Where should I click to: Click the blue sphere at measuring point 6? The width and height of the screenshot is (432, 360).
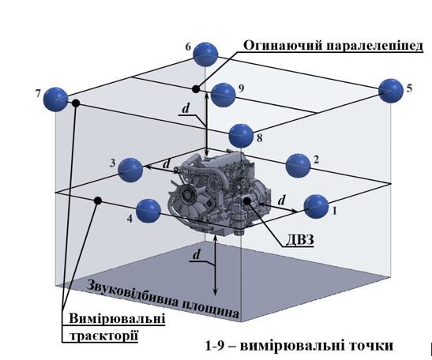pos(205,54)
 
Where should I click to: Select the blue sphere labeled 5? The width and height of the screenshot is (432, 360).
pos(391,91)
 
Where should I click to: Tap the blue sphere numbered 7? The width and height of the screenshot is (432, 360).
pos(56,99)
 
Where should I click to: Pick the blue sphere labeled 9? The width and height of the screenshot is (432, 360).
pos(224,95)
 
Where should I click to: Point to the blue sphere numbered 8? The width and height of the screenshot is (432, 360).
pos(241,136)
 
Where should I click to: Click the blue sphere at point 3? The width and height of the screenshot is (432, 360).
pos(130,170)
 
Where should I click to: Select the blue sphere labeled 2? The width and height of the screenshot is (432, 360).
pos(298,166)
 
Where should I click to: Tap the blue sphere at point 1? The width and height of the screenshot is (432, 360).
pos(316,207)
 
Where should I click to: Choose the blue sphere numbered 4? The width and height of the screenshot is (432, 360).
pos(148,211)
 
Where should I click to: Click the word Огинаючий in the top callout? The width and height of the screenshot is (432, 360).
pos(283,46)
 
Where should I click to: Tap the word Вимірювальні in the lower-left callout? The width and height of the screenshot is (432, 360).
pos(117,318)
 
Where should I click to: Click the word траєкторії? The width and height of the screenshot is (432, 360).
pos(103,336)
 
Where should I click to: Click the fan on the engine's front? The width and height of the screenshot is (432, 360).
pos(187,197)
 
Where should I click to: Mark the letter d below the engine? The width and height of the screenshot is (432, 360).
pos(196,255)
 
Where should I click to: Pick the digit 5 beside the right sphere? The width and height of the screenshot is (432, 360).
pos(409,88)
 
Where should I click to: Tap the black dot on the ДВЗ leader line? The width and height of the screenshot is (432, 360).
pos(246,201)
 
